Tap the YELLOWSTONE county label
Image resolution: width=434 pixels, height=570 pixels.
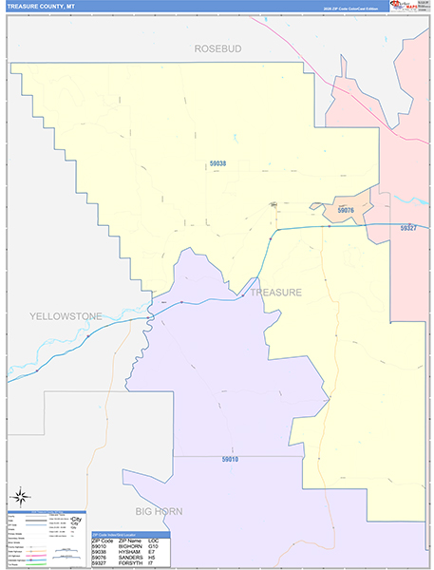point(66,315)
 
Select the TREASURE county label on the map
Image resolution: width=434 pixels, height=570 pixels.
point(275,293)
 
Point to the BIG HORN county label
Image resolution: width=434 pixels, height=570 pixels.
point(159,511)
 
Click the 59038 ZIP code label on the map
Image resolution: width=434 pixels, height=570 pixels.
point(217,164)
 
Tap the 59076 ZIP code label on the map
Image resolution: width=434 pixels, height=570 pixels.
point(346,210)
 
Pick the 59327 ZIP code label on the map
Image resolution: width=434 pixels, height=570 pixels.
point(408,228)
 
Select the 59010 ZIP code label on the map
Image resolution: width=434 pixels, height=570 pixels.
point(230,460)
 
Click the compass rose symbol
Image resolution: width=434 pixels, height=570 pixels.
point(20,497)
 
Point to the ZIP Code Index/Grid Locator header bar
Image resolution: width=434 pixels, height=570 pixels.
point(131,535)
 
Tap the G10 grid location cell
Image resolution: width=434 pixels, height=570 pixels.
point(154,546)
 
